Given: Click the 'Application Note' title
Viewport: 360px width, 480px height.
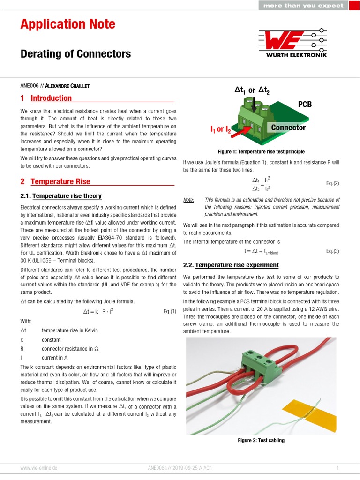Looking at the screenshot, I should tap(67, 24).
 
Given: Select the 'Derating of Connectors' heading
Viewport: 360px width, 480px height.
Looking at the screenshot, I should tap(75, 54).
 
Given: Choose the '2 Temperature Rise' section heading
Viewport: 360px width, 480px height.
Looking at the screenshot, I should tap(55, 181).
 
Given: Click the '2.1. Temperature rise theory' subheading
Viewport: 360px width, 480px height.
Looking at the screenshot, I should tap(61, 196).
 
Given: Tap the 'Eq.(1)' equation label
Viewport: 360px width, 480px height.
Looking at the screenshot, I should tap(170, 311).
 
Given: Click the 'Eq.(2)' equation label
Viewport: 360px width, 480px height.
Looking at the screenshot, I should tap(332, 183).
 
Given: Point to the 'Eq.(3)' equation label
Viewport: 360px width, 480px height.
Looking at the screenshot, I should tap(332, 251).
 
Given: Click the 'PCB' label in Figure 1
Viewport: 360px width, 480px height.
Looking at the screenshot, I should tap(305, 104).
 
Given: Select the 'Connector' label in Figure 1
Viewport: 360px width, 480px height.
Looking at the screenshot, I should tap(288, 127).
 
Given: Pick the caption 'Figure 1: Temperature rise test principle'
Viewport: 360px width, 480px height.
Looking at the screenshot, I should tap(261, 152).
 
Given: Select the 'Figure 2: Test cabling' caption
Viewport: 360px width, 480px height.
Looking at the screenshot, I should tap(261, 441).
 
